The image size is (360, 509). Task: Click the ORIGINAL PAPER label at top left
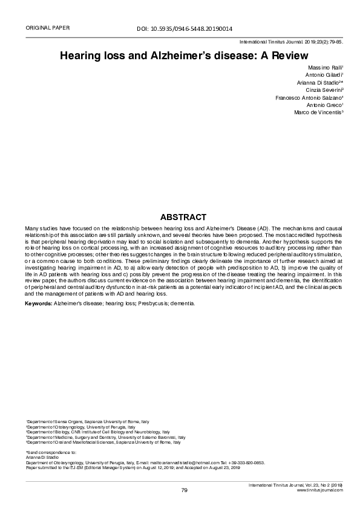pyautogui.click(x=47, y=28)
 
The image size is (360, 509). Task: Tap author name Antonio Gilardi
pyautogui.click(x=324, y=74)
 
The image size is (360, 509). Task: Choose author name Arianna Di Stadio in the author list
pyautogui.click(x=319, y=82)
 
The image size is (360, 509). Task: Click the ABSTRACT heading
pyautogui.click(x=183, y=217)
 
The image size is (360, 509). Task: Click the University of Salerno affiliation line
pyautogui.click(x=105, y=437)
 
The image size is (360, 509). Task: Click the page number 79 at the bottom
pyautogui.click(x=185, y=490)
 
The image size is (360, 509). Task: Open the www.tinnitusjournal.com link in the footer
pyautogui.click(x=319, y=490)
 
